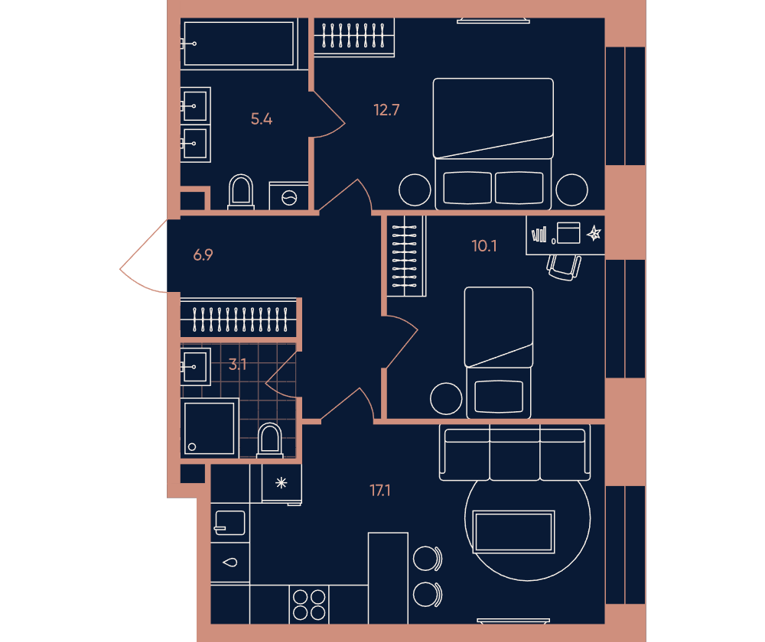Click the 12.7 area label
[386, 110]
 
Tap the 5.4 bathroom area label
[262, 119]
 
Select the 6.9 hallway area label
[203, 255]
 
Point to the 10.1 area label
[484, 245]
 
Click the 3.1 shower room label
[238, 364]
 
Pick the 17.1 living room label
[380, 491]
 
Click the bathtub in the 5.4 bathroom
[239, 44]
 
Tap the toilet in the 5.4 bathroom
[241, 192]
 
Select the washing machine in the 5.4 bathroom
[289, 196]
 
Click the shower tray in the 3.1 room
[210, 428]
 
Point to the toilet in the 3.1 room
[270, 439]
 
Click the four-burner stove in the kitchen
[309, 605]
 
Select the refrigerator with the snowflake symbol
[282, 483]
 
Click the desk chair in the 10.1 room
[564, 267]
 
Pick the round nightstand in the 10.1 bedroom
[446, 398]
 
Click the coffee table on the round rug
[514, 532]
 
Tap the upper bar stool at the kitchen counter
[428, 558]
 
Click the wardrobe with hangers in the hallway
[239, 318]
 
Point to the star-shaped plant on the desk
[594, 234]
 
